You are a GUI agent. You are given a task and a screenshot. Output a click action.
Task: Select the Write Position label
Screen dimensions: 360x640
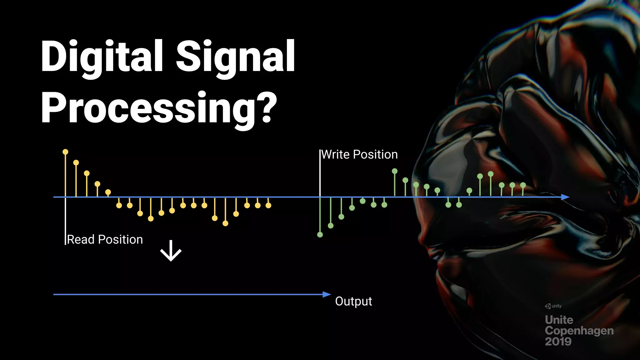click(x=359, y=155)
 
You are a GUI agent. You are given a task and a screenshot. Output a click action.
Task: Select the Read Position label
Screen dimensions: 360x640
click(x=105, y=240)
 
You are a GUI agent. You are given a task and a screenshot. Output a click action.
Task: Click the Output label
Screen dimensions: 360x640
click(x=353, y=301)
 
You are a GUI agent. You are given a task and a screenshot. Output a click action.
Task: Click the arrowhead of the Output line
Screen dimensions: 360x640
click(x=327, y=294)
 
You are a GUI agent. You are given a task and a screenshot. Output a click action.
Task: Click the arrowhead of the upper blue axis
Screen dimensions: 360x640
click(x=565, y=197)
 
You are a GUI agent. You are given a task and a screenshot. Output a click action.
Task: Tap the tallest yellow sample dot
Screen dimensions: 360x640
click(x=65, y=152)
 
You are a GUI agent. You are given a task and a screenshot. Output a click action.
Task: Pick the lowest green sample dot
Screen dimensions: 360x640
click(x=320, y=235)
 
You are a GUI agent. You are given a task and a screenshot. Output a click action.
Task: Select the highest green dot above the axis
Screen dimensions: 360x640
click(x=395, y=171)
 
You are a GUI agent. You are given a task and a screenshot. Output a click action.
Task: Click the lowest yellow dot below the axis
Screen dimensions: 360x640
click(x=225, y=223)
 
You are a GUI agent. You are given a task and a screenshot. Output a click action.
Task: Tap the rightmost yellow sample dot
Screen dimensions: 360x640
click(x=268, y=205)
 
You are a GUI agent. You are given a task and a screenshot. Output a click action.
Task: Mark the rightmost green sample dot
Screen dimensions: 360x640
click(x=523, y=185)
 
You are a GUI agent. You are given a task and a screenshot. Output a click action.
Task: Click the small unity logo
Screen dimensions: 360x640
click(x=553, y=306)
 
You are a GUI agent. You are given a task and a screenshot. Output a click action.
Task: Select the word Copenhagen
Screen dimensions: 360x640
click(x=579, y=331)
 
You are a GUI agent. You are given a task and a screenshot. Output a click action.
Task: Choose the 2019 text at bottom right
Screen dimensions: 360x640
click(x=558, y=342)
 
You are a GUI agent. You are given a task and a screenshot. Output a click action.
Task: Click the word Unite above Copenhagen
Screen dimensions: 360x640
click(x=559, y=320)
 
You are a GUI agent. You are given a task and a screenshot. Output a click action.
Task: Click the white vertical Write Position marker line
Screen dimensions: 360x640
click(x=320, y=175)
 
